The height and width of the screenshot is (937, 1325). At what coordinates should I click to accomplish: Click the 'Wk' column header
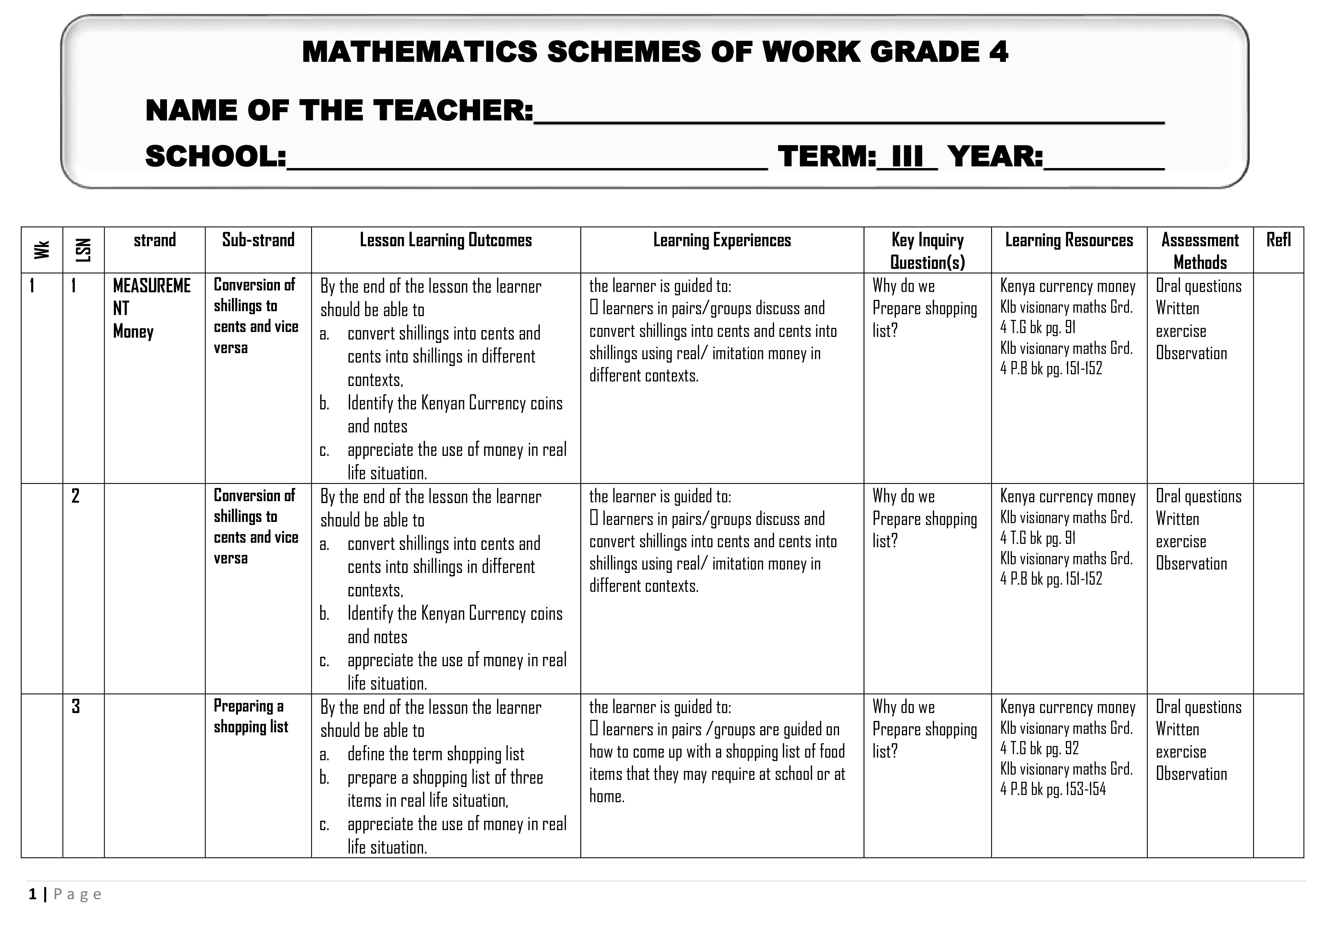pos(42,250)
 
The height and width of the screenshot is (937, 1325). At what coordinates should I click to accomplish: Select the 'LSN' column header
pos(83,250)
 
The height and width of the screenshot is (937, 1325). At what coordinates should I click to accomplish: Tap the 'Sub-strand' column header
pos(258,240)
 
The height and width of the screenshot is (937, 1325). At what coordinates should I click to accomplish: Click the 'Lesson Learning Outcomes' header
pos(446,240)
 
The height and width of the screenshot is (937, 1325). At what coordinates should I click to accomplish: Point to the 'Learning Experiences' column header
pos(722,240)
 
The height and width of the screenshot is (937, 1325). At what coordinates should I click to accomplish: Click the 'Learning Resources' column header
pos(1069,240)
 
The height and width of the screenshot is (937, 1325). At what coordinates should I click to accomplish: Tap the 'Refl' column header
pos(1278,240)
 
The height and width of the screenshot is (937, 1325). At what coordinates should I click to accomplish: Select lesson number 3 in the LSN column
pos(76,707)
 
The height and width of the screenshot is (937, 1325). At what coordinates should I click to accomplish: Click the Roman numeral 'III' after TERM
pos(907,156)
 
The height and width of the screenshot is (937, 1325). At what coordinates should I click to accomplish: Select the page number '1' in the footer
pos(33,894)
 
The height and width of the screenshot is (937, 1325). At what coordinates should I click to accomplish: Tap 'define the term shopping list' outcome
pos(436,754)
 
